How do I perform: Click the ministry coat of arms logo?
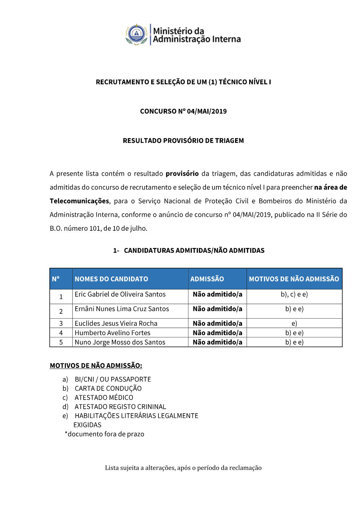pos(137,35)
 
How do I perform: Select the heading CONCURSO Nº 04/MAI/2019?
pos(183,111)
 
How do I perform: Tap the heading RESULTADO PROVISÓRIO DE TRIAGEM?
pos(183,140)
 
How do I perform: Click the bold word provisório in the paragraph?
pos(182,174)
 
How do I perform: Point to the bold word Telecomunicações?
pos(79,201)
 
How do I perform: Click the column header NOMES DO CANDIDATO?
pos(111,279)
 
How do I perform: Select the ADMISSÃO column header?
pos(207,279)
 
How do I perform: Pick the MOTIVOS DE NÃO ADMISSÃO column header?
pos(294,279)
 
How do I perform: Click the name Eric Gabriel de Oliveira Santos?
pos(120,294)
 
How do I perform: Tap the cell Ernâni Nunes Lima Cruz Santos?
pos(122,309)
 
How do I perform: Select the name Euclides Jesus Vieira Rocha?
pos(116,323)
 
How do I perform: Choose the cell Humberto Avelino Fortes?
pos(112,333)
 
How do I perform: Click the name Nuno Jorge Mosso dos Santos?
pos(120,342)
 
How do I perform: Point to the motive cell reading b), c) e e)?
pos(294,294)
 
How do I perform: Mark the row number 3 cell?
pos(61,323)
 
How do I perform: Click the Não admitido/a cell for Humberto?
pos(217,333)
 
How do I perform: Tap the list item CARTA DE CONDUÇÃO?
pos(108,388)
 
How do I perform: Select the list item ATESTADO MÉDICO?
pos(104,397)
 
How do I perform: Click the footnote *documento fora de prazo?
pos(104,434)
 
